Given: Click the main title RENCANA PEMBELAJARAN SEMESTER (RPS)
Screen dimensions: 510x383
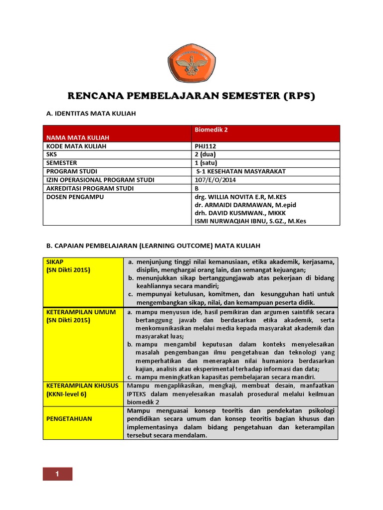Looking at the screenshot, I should coord(191,96).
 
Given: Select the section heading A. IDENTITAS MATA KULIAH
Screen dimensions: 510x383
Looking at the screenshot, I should coord(91,114).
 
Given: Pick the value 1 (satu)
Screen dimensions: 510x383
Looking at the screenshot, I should coord(207,163).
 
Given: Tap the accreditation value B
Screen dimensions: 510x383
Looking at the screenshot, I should coord(197,188).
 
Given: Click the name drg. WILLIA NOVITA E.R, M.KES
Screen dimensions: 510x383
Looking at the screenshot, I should coord(240,197).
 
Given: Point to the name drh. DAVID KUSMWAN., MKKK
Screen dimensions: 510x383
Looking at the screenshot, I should coord(236,213).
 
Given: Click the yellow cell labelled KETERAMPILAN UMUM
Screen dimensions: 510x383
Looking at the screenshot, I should coord(81,316).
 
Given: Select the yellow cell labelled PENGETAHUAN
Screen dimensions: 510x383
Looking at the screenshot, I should coord(69,419).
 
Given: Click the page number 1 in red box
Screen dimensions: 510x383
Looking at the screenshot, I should coord(57,474).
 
